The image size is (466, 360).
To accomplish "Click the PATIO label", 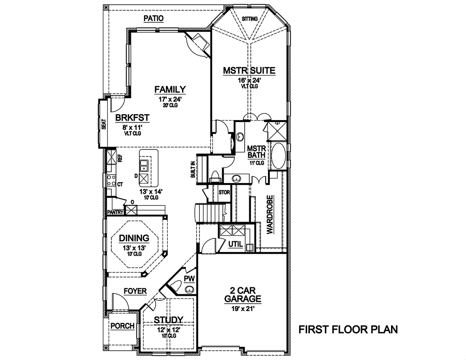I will pos(154,18).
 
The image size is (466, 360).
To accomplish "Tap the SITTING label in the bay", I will pos(250,19).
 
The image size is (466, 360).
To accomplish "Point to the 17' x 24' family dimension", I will pos(170,99).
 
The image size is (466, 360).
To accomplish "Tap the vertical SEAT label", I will pos(104,124).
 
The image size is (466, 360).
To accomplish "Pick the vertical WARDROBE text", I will pos(269,215).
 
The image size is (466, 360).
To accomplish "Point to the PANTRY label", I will pos(115,212).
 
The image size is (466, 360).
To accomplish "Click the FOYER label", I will pos(135,292).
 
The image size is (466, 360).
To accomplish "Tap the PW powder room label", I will pos(190,278).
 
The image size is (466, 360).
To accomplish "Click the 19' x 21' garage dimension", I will pos(242,307).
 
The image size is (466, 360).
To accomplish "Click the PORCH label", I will pos(123,326).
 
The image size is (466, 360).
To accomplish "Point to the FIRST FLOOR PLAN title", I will pos(348,330).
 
